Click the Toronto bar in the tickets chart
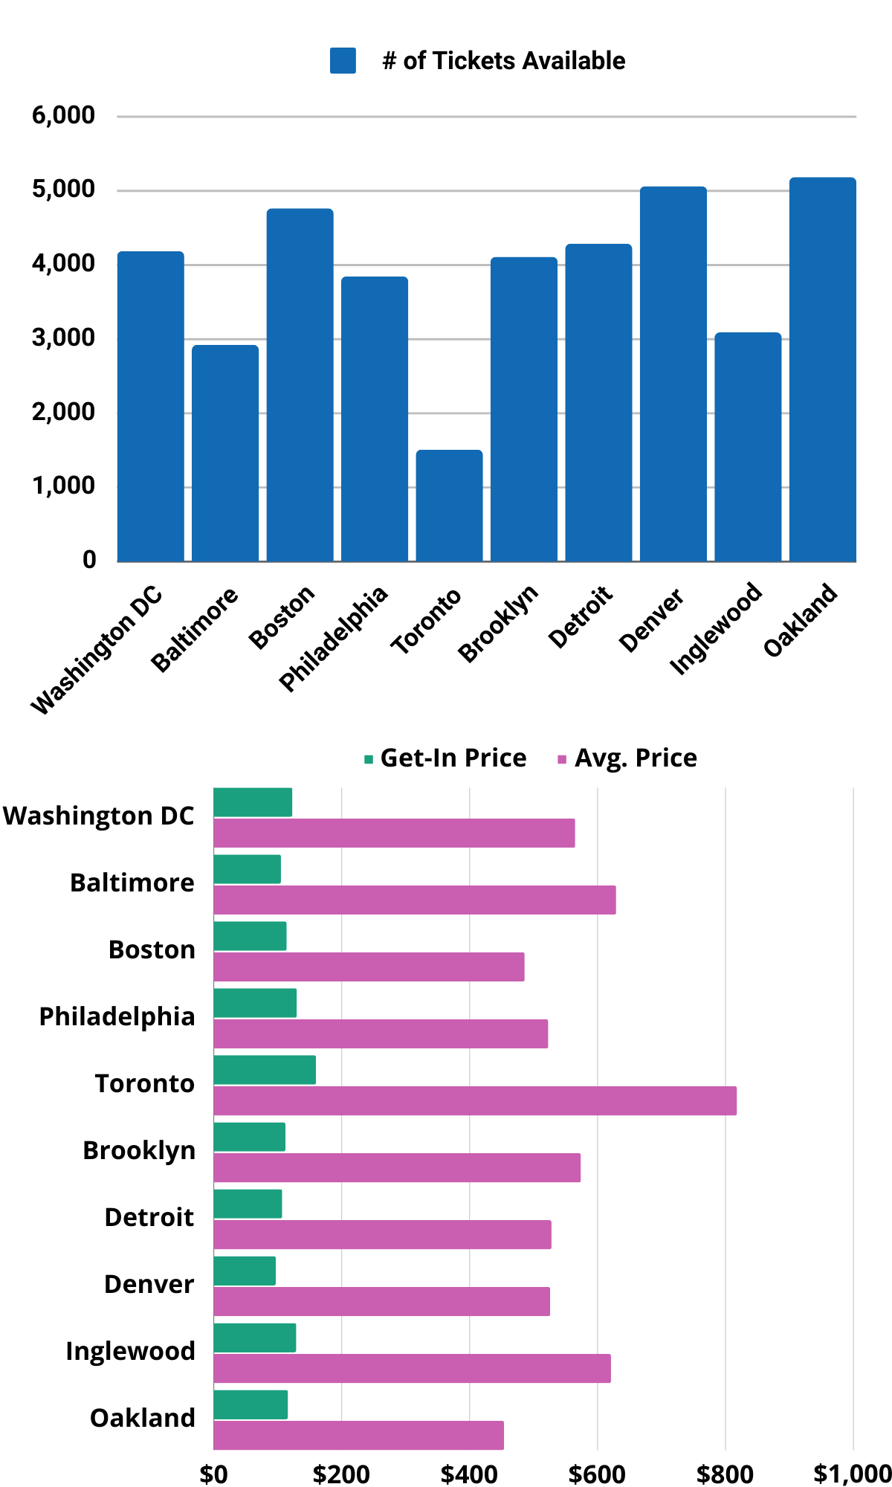click(x=449, y=506)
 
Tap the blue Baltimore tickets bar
click(x=225, y=453)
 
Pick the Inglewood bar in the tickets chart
click(x=748, y=447)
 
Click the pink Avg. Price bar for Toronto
click(x=475, y=1100)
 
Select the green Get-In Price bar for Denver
click(x=245, y=1271)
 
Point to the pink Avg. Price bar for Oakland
click(x=358, y=1435)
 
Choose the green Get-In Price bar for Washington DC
click(x=253, y=802)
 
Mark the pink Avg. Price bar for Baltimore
click(x=415, y=900)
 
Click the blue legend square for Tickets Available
click(x=343, y=61)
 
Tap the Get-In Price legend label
click(x=453, y=758)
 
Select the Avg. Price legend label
click(x=636, y=758)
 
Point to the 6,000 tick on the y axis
click(x=63, y=115)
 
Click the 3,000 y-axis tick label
click(x=63, y=338)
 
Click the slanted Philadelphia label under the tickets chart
click(x=334, y=639)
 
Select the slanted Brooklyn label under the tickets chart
click(x=498, y=624)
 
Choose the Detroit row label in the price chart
click(x=149, y=1217)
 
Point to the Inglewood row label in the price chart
click(x=130, y=1351)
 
